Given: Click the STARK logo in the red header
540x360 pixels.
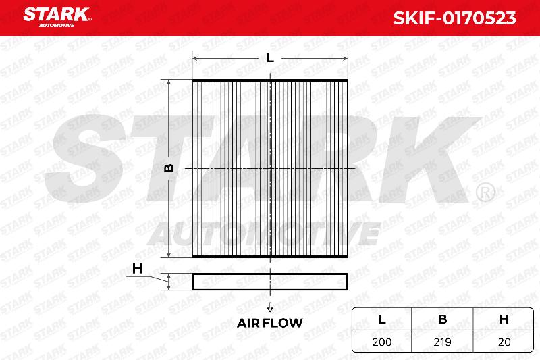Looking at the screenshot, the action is point(57,18).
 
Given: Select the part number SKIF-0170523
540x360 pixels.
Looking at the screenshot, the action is point(454,18).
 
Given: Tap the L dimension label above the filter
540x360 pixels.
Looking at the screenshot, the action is point(271,58).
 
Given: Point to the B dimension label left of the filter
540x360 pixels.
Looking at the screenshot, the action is point(168,168).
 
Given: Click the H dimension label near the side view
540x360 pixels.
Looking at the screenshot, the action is point(138,268).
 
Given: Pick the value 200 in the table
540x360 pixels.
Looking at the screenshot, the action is point(381,342).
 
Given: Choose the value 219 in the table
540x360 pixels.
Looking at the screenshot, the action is point(442,342).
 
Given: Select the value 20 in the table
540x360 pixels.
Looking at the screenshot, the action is point(504,342).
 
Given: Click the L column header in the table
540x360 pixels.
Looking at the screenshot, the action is point(382,319).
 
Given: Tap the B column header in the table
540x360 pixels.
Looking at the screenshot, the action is point(443,319).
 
